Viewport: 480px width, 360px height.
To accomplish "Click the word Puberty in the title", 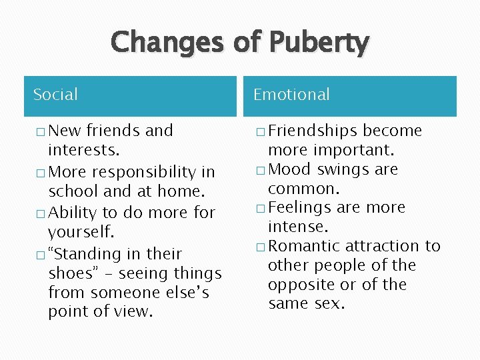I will (319, 43).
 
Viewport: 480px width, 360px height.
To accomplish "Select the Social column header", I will (55, 95).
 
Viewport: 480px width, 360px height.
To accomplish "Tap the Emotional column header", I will (291, 95).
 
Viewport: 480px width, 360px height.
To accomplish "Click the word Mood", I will (290, 169).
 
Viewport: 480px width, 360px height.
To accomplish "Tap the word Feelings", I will (300, 208).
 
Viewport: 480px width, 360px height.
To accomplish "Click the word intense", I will (298, 227).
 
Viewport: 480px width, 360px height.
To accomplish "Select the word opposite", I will (298, 285).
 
